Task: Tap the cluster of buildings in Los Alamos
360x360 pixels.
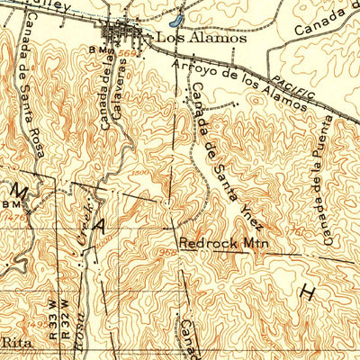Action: point(126,34)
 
